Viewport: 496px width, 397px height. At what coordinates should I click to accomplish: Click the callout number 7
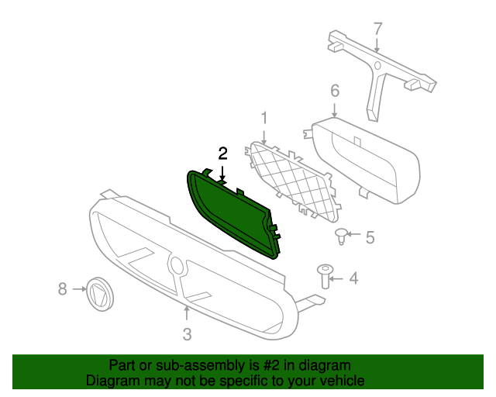click(x=378, y=29)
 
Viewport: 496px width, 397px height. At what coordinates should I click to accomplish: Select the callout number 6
click(x=335, y=91)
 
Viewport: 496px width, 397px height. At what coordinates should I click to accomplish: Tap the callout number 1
click(x=263, y=118)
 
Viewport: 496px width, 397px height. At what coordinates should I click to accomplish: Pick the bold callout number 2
click(x=222, y=154)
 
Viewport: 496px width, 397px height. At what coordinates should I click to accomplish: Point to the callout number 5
click(x=370, y=237)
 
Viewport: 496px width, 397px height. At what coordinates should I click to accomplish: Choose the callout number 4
click(x=353, y=278)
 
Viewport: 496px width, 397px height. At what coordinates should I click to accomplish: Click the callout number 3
click(x=188, y=334)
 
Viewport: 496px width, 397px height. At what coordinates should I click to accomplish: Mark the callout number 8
click(x=63, y=289)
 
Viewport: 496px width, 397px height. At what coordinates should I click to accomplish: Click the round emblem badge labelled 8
click(x=100, y=294)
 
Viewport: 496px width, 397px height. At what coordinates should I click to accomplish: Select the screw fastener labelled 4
click(x=325, y=276)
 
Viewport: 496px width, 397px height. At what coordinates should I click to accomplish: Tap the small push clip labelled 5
click(x=340, y=236)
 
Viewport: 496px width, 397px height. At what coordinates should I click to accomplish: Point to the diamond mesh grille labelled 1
click(x=294, y=181)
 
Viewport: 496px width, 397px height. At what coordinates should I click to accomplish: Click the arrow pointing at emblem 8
click(x=79, y=289)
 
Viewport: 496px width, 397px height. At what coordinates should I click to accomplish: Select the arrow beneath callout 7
click(x=377, y=44)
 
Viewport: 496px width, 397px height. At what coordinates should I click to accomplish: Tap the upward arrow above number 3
click(x=187, y=313)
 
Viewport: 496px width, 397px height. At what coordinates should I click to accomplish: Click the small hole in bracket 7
click(x=377, y=66)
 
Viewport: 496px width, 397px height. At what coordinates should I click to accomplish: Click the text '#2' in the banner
click(x=271, y=365)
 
